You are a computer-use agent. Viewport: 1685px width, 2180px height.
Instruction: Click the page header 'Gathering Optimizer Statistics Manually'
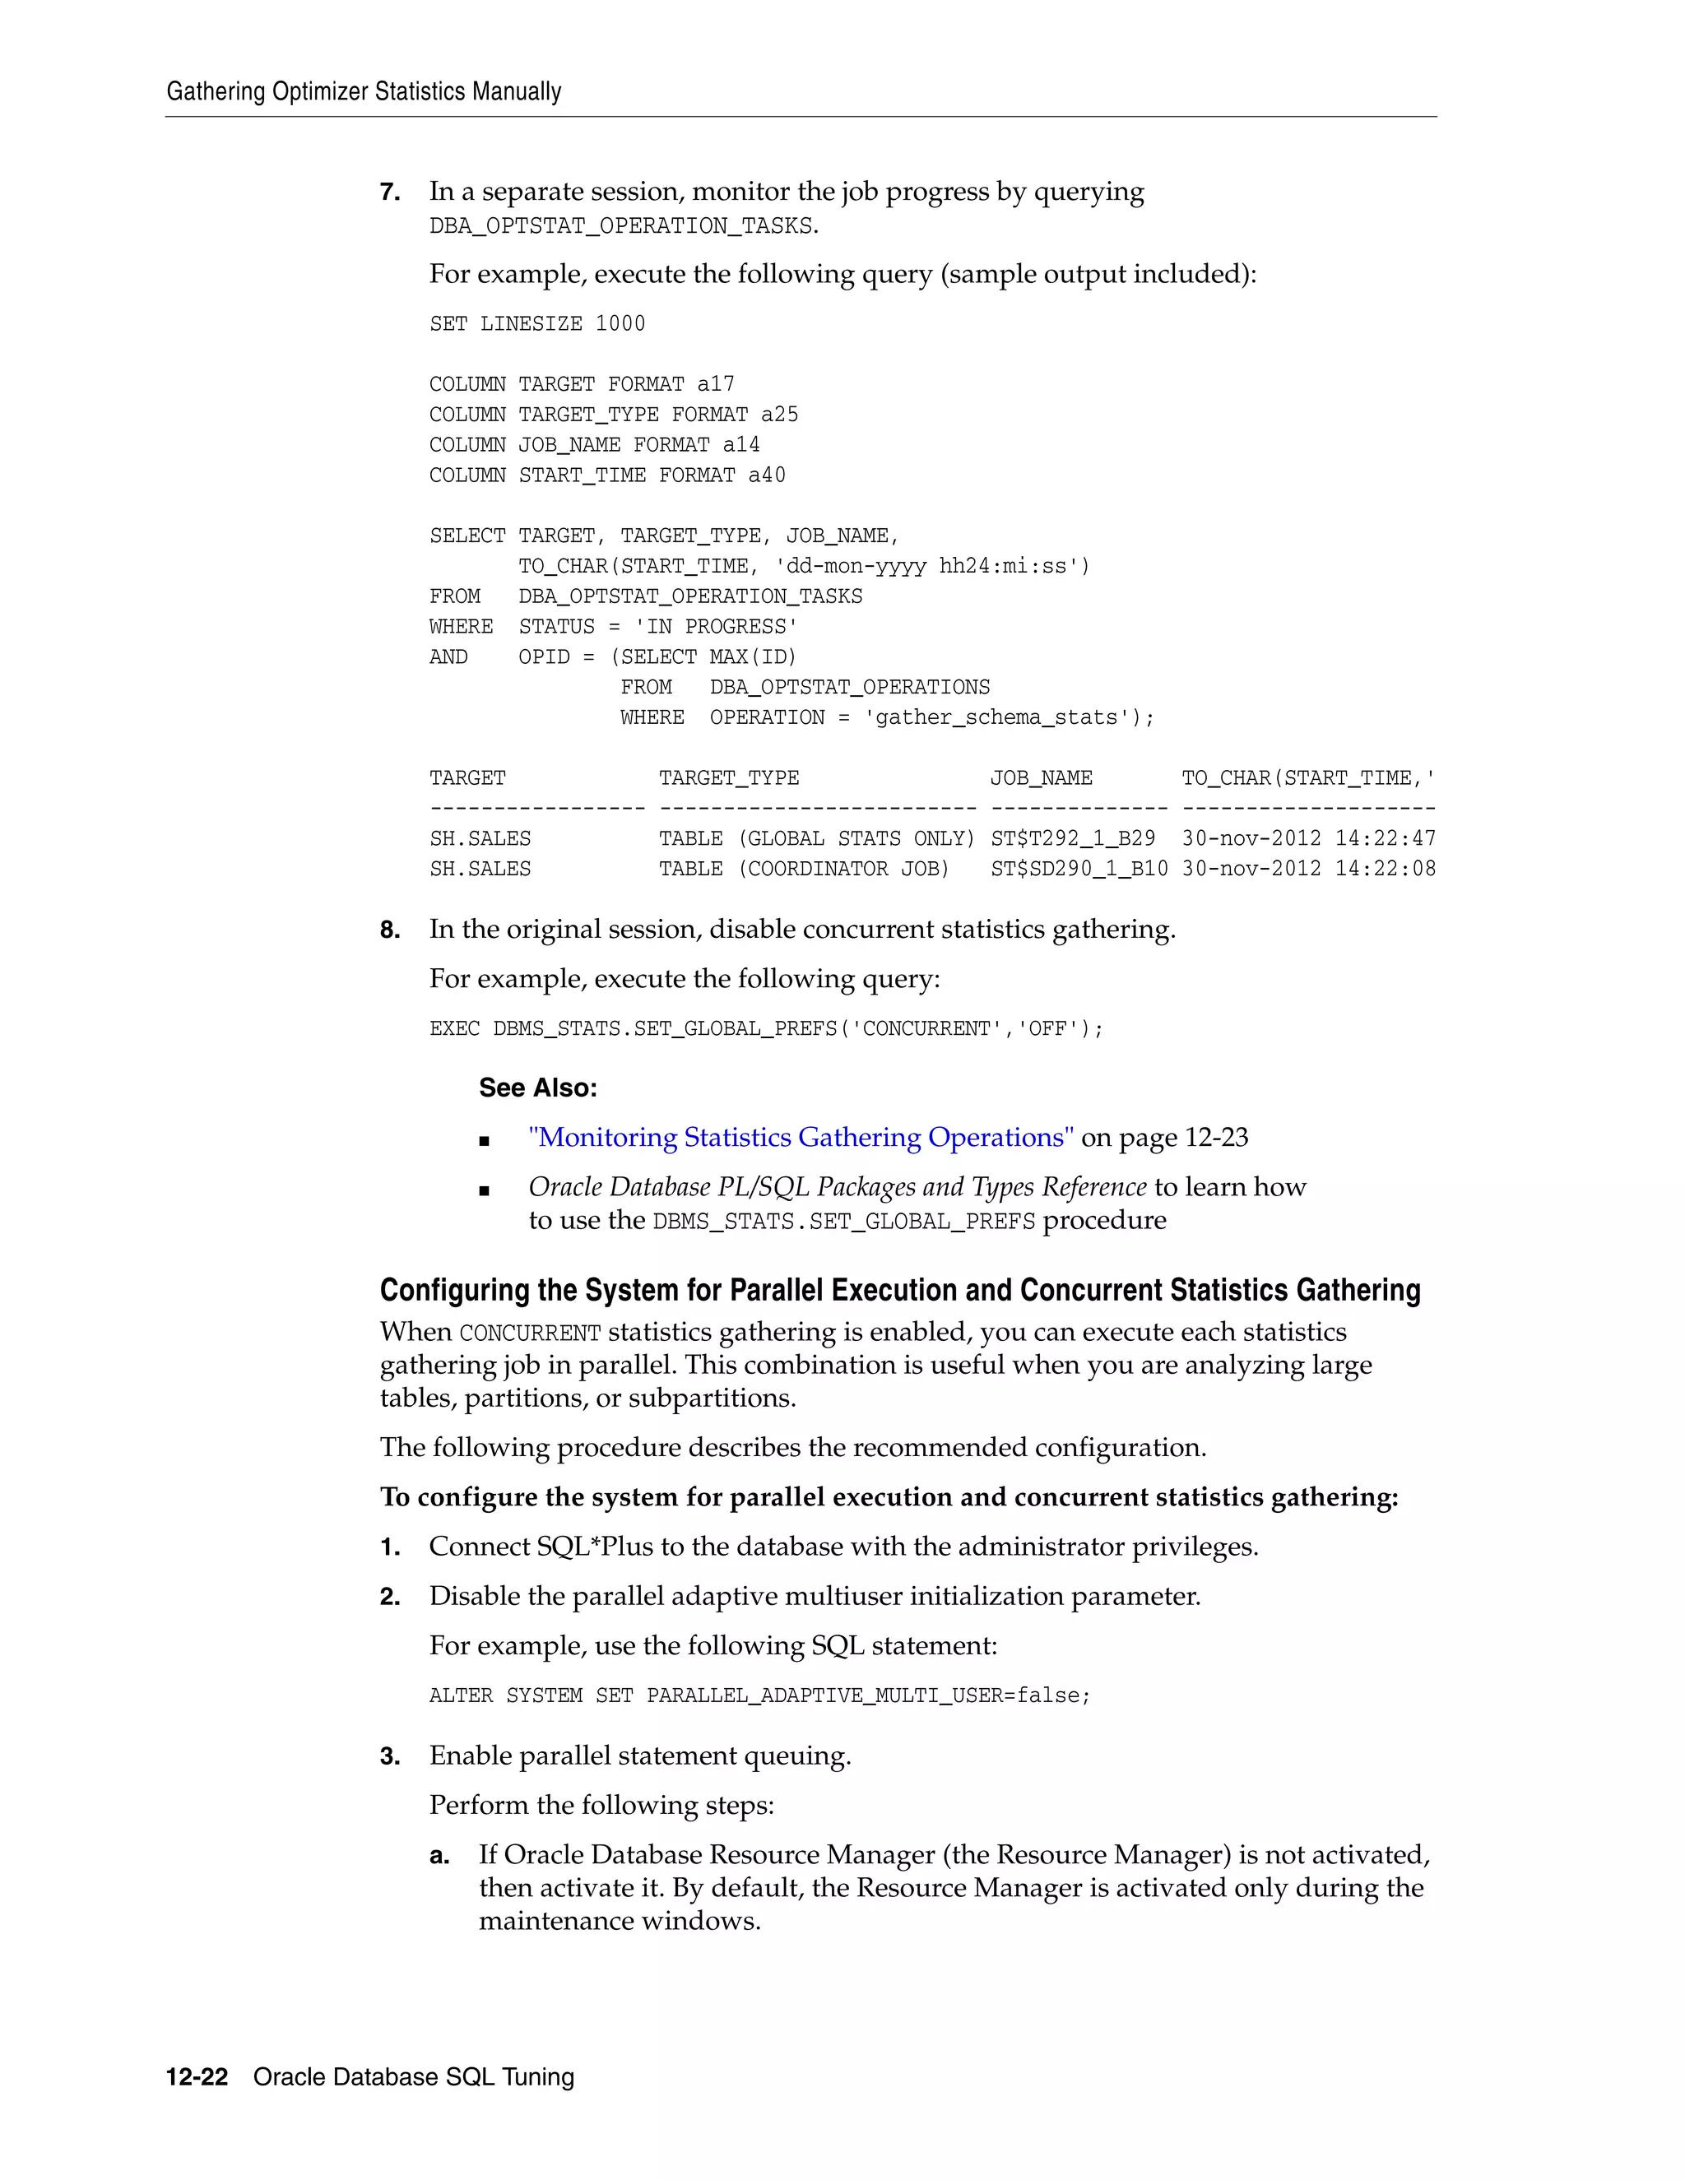(364, 92)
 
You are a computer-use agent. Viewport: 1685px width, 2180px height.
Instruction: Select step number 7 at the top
(389, 192)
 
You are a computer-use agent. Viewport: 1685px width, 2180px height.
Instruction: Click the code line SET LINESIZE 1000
(537, 323)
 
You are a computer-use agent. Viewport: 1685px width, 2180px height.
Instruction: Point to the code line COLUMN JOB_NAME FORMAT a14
(594, 444)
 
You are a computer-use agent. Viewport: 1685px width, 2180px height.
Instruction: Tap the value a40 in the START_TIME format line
(767, 475)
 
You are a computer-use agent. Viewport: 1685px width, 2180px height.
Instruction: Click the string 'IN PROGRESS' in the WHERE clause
(715, 627)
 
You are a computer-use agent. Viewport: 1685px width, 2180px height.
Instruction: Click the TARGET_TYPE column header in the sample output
(729, 777)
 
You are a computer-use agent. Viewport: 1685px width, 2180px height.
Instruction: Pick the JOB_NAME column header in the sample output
(1041, 777)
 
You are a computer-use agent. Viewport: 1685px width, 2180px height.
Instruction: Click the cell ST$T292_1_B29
(1072, 838)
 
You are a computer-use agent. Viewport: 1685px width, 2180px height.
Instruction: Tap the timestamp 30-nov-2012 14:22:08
(1307, 869)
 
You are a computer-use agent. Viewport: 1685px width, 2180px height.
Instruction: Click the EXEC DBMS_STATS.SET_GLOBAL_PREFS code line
(766, 1028)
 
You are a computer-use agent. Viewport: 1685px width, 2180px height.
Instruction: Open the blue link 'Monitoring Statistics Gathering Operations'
(801, 1137)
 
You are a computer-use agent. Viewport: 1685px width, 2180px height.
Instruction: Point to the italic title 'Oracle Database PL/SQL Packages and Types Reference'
(837, 1187)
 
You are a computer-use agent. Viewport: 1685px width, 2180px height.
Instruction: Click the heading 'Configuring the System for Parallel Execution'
(898, 1290)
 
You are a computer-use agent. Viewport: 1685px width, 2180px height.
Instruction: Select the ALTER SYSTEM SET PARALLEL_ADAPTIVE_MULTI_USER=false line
(759, 1695)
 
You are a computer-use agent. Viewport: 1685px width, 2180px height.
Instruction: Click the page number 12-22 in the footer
(197, 2077)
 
